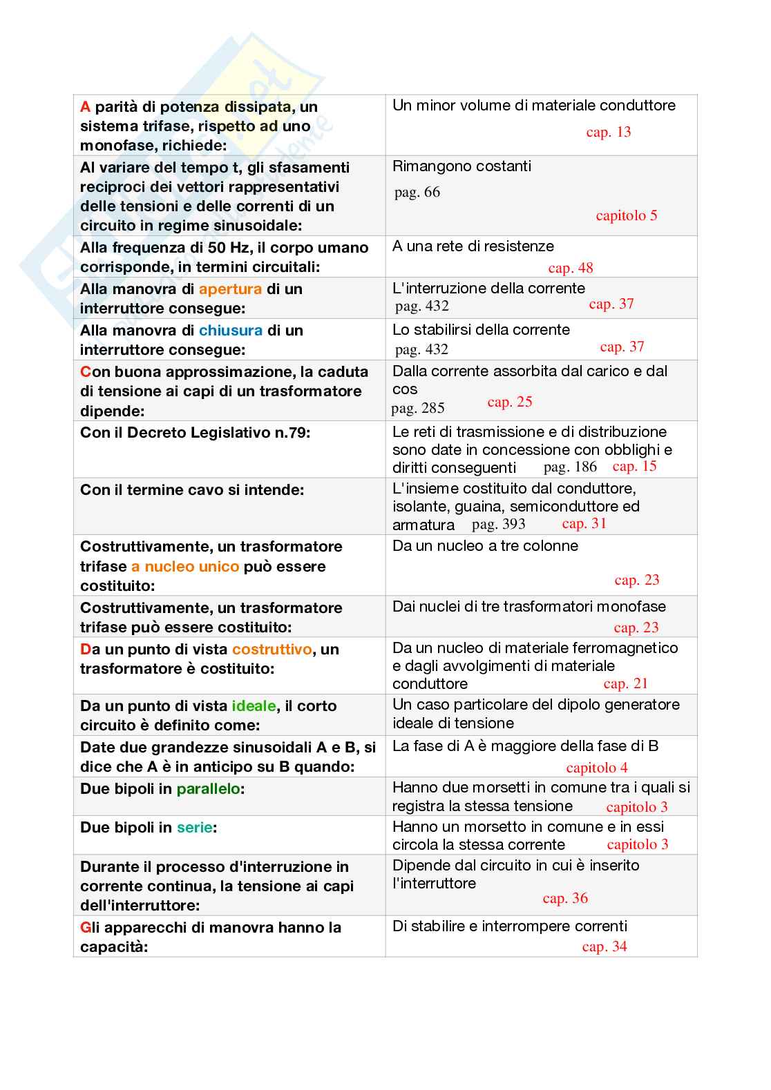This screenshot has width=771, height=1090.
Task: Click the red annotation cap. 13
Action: pyautogui.click(x=608, y=132)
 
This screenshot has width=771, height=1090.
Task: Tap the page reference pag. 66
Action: pyautogui.click(x=417, y=192)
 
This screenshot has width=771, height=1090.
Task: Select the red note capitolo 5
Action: pyautogui.click(x=626, y=215)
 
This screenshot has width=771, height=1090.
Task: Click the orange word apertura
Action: pyautogui.click(x=230, y=289)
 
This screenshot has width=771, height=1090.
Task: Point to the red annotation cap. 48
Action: pyautogui.click(x=570, y=268)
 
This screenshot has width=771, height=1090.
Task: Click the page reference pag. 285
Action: pyautogui.click(x=417, y=408)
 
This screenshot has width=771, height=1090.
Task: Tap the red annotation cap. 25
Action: pyautogui.click(x=509, y=402)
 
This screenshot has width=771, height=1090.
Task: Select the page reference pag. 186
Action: pyautogui.click(x=570, y=467)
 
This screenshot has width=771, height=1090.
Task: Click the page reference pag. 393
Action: pyautogui.click(x=498, y=524)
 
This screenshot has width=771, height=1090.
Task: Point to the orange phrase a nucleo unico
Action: pyautogui.click(x=185, y=567)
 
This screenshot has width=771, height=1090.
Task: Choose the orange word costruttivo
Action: pyautogui.click(x=272, y=650)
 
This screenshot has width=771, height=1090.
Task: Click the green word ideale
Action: pyautogui.click(x=254, y=706)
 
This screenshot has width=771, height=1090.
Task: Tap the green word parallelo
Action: pyautogui.click(x=208, y=789)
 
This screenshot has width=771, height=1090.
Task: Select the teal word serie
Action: pyautogui.click(x=194, y=828)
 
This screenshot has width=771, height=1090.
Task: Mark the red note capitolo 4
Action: pyautogui.click(x=596, y=768)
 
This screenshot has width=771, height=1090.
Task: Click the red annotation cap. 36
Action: pyautogui.click(x=564, y=898)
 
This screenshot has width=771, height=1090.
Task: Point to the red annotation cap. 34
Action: pyautogui.click(x=604, y=946)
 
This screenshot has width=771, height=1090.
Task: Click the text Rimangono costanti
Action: pyautogui.click(x=461, y=166)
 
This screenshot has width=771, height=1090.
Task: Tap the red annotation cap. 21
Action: pyautogui.click(x=625, y=683)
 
